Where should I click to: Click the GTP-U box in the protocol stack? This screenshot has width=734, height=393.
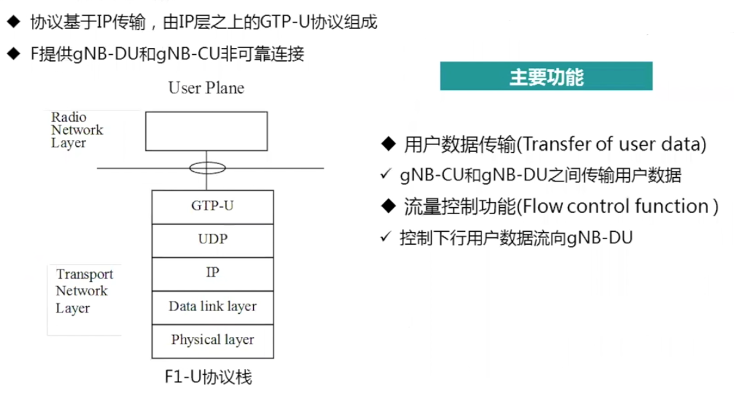coord(212,206)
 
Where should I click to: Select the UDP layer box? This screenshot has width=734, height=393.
coord(212,239)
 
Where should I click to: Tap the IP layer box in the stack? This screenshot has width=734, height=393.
coord(212,272)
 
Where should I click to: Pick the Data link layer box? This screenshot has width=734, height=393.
coord(212,306)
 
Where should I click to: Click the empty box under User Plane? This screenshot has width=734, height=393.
coord(206,131)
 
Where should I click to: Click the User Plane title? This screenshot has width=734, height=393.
coord(206,88)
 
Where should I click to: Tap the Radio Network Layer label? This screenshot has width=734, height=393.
coord(77,130)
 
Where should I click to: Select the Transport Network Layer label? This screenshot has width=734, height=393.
coord(84,291)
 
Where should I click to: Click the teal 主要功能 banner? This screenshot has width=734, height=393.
coord(546,76)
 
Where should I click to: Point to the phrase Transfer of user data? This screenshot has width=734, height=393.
coord(611,145)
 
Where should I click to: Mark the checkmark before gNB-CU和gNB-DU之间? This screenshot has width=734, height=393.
coord(386,175)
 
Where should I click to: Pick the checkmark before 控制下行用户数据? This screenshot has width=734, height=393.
coord(386,237)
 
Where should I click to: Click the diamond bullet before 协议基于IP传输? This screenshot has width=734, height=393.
coord(13,23)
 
